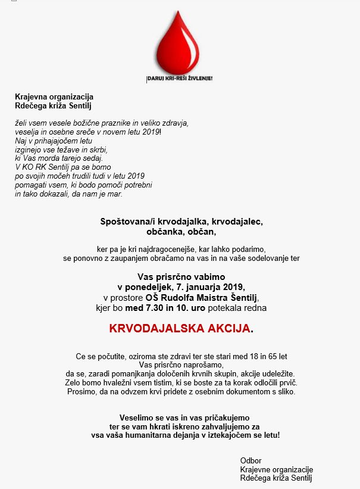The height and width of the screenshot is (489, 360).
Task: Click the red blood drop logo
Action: pyautogui.click(x=180, y=43)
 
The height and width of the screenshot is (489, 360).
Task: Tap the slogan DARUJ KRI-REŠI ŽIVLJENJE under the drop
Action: pyautogui.click(x=180, y=78)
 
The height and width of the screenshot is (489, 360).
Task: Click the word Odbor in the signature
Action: pyautogui.click(x=251, y=460)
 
